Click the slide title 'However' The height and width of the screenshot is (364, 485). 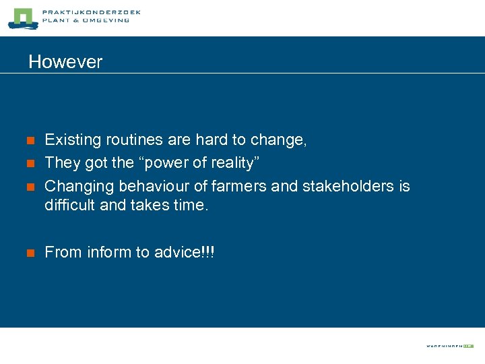pyautogui.click(x=65, y=62)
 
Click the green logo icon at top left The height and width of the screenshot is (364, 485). pyautogui.click(x=22, y=18)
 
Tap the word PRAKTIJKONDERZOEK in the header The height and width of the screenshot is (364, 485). pyautogui.click(x=91, y=12)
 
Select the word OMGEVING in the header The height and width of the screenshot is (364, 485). pyautogui.click(x=106, y=21)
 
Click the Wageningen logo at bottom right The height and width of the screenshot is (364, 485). pyautogui.click(x=449, y=346)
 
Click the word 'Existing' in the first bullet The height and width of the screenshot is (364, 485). pyautogui.click(x=70, y=140)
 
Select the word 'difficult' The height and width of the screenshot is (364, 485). pyautogui.click(x=69, y=204)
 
